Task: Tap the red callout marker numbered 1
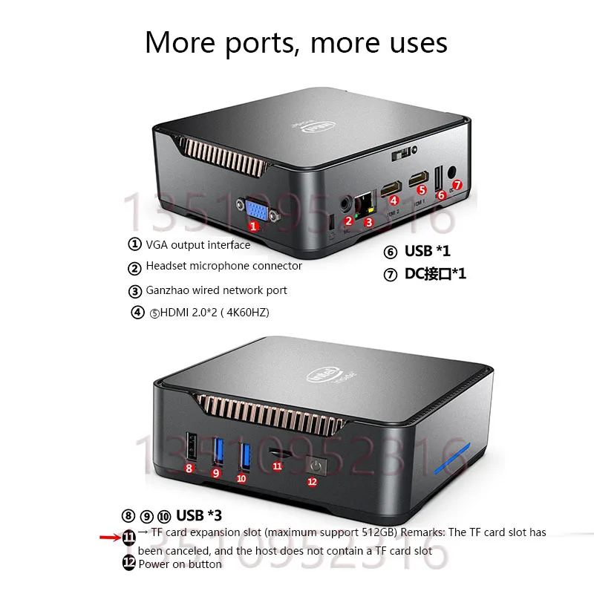pyautogui.click(x=253, y=225)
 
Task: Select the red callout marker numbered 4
pyautogui.click(x=394, y=199)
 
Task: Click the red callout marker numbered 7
pyautogui.click(x=457, y=184)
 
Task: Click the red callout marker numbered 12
pyautogui.click(x=312, y=481)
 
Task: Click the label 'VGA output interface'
pyautogui.click(x=198, y=244)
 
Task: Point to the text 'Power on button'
pyautogui.click(x=180, y=564)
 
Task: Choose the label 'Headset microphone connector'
pyautogui.click(x=223, y=266)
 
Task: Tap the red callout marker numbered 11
pyautogui.click(x=277, y=466)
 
